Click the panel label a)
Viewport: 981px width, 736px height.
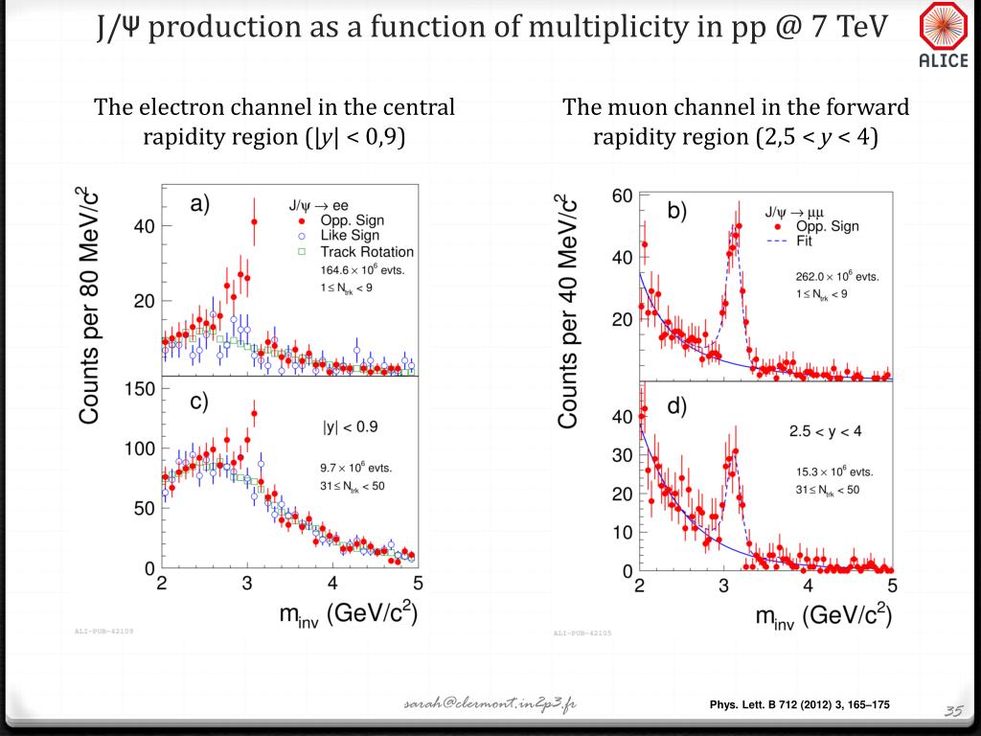coord(200,203)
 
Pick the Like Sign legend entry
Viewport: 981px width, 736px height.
coord(351,235)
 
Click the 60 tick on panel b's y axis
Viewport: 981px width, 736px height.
coord(622,196)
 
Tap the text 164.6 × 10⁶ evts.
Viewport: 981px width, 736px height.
coord(355,270)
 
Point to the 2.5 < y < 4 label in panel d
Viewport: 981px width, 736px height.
coord(825,431)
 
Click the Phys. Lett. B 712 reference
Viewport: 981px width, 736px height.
coord(799,705)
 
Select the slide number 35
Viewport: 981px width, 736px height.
coord(952,710)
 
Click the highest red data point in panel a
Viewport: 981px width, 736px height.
coord(254,222)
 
